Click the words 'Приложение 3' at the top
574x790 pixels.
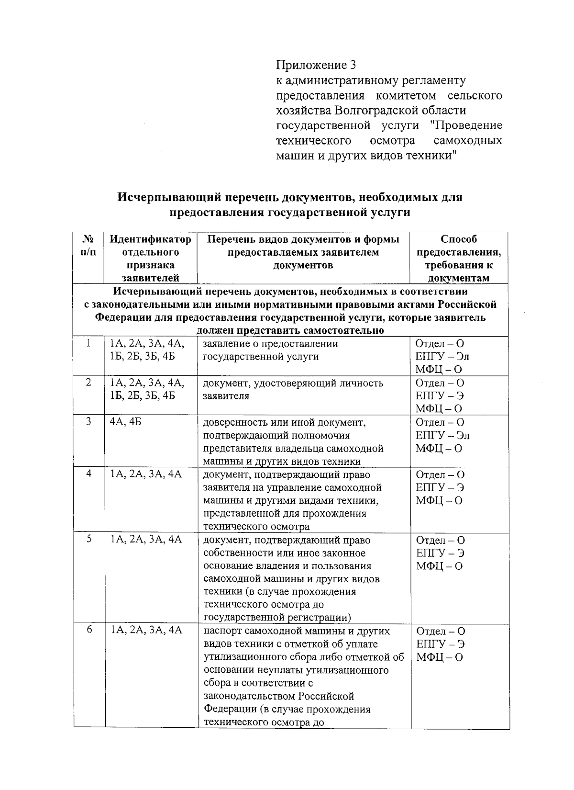pyautogui.click(x=316, y=65)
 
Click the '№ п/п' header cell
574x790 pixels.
pyautogui.click(x=88, y=245)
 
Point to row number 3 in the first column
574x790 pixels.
pyautogui.click(x=88, y=423)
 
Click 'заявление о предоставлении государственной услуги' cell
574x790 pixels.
pyautogui.click(x=270, y=350)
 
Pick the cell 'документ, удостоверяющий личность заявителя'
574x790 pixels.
pyautogui.click(x=293, y=390)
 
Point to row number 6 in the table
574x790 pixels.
pyautogui.click(x=89, y=631)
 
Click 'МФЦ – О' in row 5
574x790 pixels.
pyautogui.click(x=439, y=566)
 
